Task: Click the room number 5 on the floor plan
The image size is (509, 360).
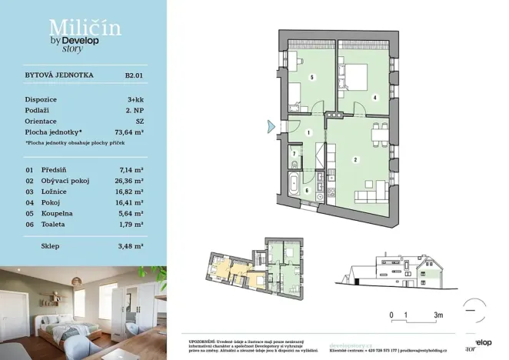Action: tap(311, 78)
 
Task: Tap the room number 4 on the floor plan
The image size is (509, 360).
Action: tap(374, 98)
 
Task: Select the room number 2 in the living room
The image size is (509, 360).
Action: tap(355, 159)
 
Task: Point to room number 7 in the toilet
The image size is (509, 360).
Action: tap(294, 153)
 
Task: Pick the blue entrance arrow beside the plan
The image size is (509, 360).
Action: tap(270, 125)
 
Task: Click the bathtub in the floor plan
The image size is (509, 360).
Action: tap(295, 185)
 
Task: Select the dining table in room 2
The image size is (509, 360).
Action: tap(379, 135)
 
